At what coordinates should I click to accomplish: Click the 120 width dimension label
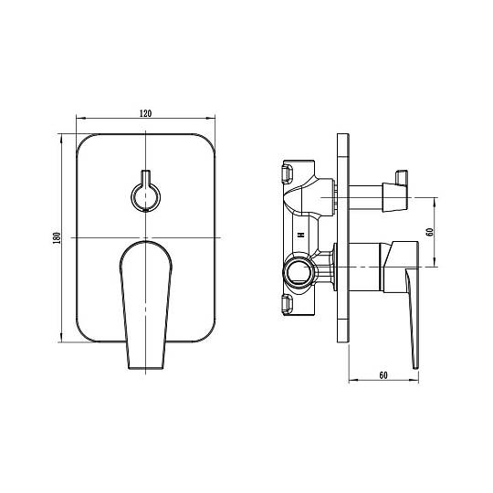(145, 113)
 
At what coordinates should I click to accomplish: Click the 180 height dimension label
(57, 238)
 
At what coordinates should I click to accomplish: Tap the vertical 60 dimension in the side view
(429, 232)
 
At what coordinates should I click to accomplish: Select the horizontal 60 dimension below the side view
(383, 375)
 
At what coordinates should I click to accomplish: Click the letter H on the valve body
(302, 235)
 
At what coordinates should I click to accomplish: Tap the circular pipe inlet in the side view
(299, 272)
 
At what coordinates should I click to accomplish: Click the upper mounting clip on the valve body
(288, 173)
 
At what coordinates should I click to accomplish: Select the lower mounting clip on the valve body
(288, 304)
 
